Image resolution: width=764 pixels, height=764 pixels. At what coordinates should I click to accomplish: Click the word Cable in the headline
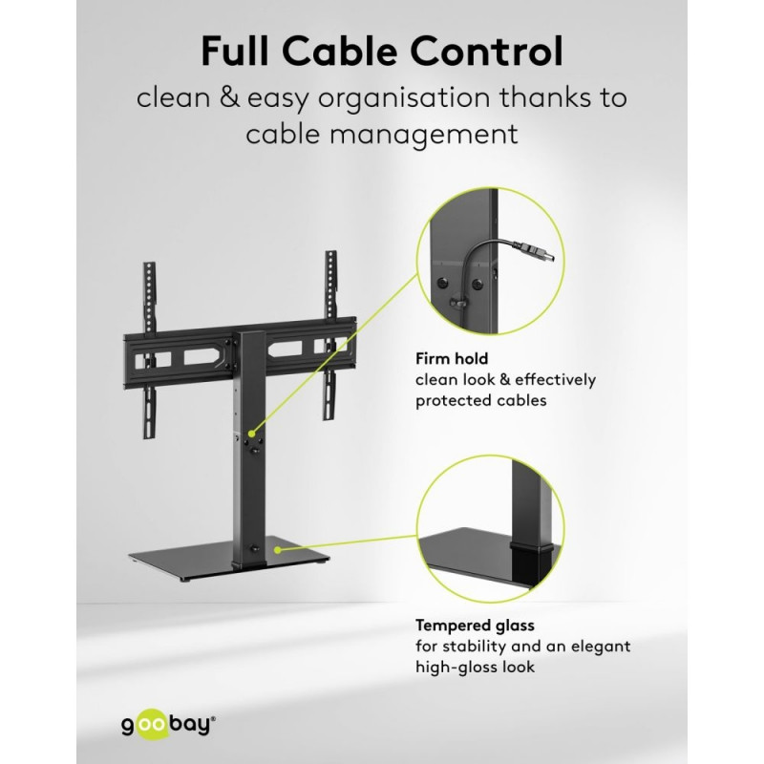pos(340,51)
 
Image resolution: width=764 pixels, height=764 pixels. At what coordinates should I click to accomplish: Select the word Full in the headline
pos(235,51)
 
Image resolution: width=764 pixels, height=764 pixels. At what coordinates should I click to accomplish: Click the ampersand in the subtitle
pos(229,97)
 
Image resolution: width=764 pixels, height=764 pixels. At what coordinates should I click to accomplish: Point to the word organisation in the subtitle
pos(404,98)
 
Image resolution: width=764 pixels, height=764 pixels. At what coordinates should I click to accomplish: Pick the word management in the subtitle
pos(424,135)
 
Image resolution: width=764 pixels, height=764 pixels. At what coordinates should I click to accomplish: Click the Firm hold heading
pos(452,359)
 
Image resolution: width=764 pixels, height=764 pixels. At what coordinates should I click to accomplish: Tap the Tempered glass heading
pos(475,626)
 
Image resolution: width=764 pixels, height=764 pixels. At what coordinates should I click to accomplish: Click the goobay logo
pos(169,726)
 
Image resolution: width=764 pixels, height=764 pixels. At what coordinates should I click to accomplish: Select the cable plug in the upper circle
pos(539,253)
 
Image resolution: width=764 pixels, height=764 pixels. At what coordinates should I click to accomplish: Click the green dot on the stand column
pos(251,434)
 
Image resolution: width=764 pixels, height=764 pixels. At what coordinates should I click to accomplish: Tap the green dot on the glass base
pos(277,550)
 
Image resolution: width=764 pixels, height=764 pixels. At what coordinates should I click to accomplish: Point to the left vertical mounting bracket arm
pos(150,350)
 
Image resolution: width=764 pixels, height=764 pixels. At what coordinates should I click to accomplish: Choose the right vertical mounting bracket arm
pos(331,335)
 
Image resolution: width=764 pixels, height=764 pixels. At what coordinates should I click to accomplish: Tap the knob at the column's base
pos(254,548)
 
